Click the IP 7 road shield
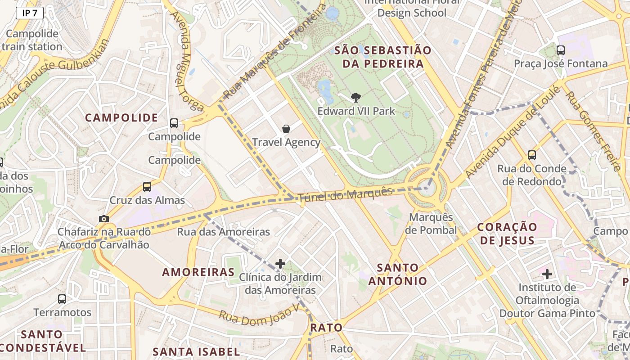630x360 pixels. click(x=30, y=13)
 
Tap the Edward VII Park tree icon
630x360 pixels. click(x=355, y=98)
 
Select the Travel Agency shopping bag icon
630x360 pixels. click(x=286, y=129)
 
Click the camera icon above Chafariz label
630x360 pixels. click(x=104, y=219)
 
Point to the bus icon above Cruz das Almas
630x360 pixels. click(x=147, y=187)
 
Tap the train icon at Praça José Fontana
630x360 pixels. click(x=561, y=50)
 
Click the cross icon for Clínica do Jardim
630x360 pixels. click(x=280, y=263)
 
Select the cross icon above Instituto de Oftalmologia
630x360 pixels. click(x=547, y=274)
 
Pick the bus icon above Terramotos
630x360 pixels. click(x=62, y=299)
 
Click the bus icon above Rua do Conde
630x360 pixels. click(x=532, y=155)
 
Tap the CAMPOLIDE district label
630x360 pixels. click(x=121, y=118)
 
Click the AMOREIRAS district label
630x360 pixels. click(x=198, y=272)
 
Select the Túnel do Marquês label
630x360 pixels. click(x=346, y=194)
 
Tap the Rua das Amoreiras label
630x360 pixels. click(x=224, y=232)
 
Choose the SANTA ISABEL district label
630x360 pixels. click(x=196, y=351)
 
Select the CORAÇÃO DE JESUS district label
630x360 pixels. click(x=507, y=233)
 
